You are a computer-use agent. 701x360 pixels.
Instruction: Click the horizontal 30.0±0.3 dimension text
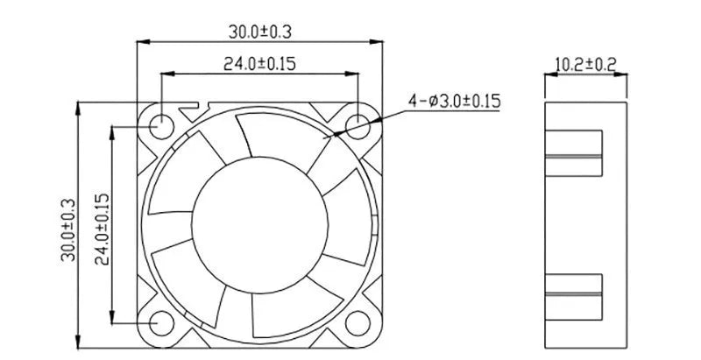pos(260,32)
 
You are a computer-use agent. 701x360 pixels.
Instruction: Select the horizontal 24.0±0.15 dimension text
pos(259,65)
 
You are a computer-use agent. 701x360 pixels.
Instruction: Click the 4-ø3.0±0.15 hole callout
pos(453,102)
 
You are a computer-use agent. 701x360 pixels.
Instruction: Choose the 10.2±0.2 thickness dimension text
pos(585,63)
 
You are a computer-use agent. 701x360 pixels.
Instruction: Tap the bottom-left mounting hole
pos(161,323)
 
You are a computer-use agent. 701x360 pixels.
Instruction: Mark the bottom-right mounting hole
pos(358,323)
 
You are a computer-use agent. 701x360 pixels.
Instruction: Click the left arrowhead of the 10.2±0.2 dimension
pos(549,77)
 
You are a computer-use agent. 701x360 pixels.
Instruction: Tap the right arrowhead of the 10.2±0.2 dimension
pos(625,77)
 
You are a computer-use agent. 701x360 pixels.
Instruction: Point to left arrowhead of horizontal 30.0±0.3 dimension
pos(142,41)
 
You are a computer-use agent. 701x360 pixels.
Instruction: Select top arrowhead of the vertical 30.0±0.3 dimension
pos(79,107)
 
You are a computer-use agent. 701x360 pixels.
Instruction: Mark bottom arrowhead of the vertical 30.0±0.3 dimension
pos(79,342)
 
